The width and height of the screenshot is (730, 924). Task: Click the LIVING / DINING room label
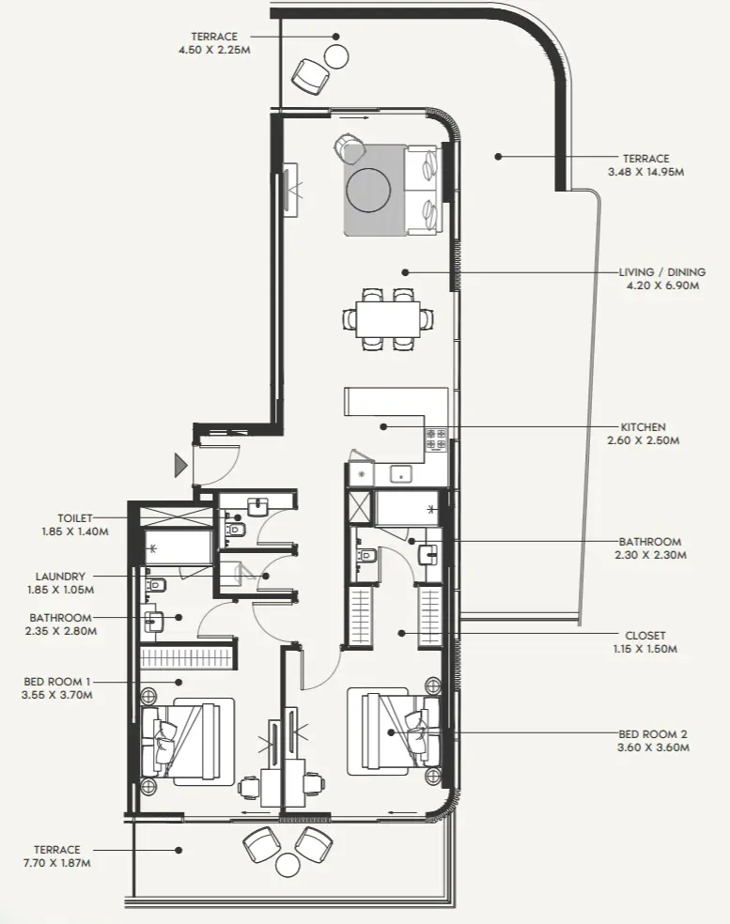point(659,279)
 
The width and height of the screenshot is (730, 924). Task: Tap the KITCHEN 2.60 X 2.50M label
point(643,433)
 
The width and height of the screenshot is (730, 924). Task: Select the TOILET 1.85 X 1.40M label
point(84,524)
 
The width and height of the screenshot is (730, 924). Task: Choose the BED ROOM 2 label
point(654,741)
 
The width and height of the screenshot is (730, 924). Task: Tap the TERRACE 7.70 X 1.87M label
point(56,855)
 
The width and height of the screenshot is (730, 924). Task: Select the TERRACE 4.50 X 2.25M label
point(214,42)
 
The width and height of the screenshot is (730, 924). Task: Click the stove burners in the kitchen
point(437,437)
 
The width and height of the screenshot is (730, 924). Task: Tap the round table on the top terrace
point(335,54)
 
